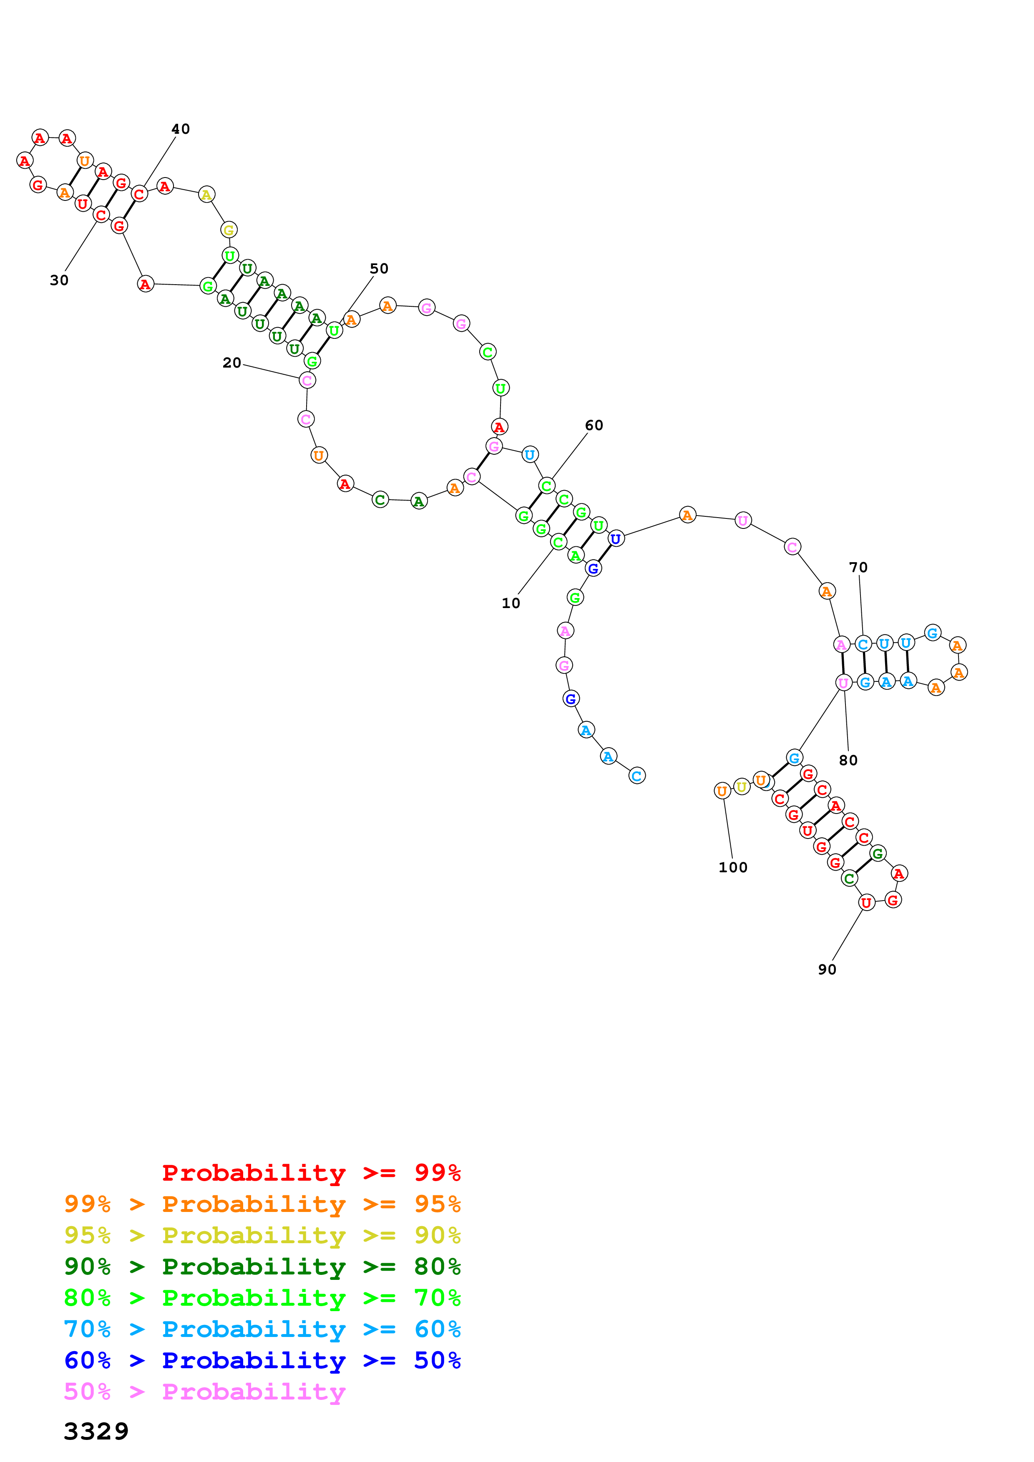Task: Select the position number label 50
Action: tap(379, 269)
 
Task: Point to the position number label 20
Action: tap(232, 363)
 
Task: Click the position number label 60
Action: tap(594, 426)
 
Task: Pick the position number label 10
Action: tap(511, 603)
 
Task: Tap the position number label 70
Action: tap(858, 567)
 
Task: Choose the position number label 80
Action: tap(848, 760)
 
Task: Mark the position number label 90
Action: tap(827, 970)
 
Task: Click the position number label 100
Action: tap(733, 868)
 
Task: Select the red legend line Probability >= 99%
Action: tap(311, 1172)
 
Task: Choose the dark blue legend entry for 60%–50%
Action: tap(262, 1360)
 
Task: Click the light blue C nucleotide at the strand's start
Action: tap(637, 776)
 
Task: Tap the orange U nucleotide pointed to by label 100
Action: tap(722, 791)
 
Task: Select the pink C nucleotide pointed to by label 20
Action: tap(307, 381)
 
